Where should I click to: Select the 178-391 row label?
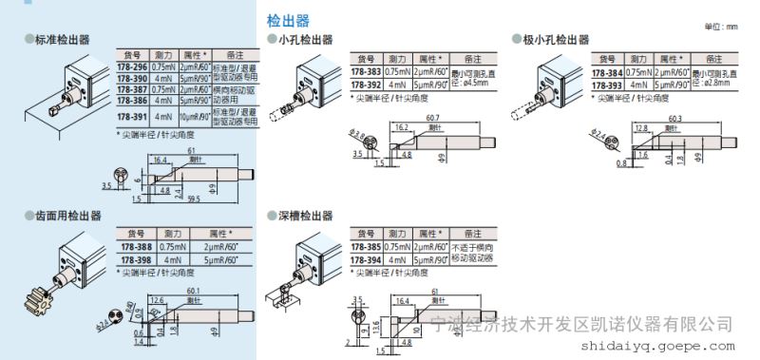[x=130, y=116]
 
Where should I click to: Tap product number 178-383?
[x=366, y=71]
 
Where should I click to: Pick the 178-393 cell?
[x=607, y=85]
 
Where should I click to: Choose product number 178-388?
[x=134, y=247]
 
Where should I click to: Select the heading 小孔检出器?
[x=305, y=40]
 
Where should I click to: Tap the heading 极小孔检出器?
[x=556, y=40]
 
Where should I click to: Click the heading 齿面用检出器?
[x=65, y=217]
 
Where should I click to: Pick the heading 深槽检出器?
[x=305, y=216]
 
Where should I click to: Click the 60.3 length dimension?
[x=675, y=117]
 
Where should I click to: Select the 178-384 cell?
[x=607, y=72]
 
